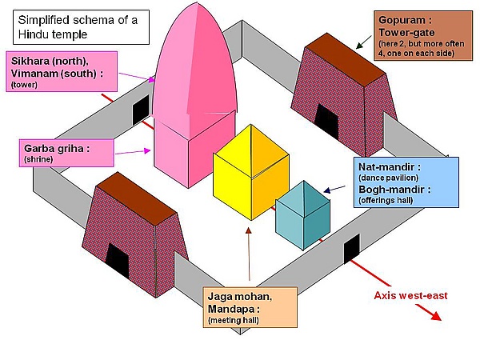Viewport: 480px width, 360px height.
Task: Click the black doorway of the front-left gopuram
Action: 117,260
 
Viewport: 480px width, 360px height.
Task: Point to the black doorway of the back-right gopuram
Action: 326,118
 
